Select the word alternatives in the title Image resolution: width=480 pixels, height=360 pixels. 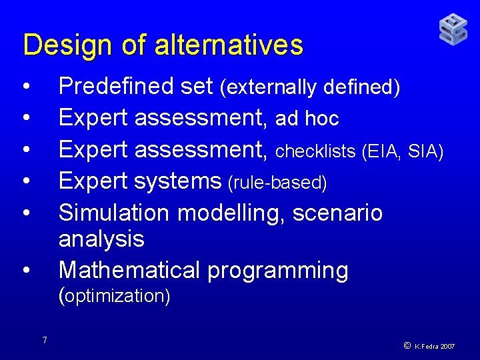coord(229,45)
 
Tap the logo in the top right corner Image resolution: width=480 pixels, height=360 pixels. coord(453,29)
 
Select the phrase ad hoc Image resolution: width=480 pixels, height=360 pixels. coord(307,119)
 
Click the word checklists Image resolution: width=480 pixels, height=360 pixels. coord(315,151)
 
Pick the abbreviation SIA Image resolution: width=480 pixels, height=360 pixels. coord(425,151)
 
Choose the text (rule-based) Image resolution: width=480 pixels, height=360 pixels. coord(277,183)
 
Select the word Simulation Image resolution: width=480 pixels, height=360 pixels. coord(115,213)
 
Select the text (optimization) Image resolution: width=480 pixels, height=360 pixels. coord(115,295)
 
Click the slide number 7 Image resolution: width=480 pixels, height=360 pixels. coord(44,341)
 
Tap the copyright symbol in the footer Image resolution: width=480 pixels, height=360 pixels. coord(406,345)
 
